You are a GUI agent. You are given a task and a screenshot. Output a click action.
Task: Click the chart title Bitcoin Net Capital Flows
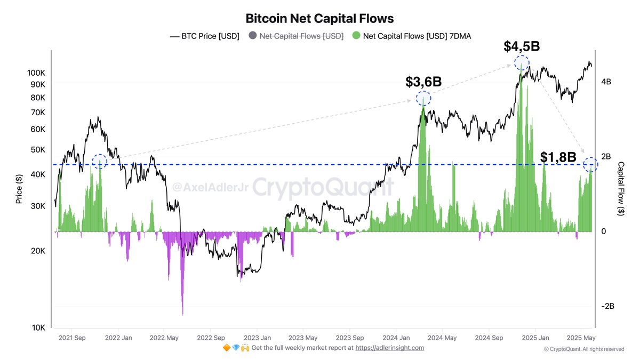coord(319,18)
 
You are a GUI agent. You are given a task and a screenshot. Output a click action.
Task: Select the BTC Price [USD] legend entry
coord(204,36)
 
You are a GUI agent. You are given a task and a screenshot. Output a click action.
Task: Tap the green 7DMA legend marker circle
coord(356,36)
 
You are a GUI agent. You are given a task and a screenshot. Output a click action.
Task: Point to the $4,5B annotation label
coord(521,46)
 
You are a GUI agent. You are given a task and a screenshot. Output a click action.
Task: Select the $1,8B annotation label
coord(558,157)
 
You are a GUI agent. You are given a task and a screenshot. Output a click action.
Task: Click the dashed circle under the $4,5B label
coord(522,63)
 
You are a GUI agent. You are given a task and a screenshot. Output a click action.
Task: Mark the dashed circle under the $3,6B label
coord(423,99)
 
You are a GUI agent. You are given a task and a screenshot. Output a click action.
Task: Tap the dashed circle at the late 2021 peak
coord(100,162)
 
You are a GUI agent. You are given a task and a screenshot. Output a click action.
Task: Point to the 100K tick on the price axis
coord(36,73)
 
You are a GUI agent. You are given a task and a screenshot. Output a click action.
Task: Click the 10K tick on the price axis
coord(38,327)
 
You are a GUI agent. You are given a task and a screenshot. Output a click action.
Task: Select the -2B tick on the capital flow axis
coord(609,306)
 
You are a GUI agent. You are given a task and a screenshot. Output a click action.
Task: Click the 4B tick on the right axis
coord(606,82)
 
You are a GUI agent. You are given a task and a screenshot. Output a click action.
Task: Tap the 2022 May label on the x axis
coord(164,338)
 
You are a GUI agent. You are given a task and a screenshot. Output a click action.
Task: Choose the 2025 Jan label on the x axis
coord(536,338)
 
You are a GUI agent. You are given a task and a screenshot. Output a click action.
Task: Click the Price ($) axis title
coord(19,189)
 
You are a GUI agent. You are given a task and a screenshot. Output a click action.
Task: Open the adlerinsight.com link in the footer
coord(389,348)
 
